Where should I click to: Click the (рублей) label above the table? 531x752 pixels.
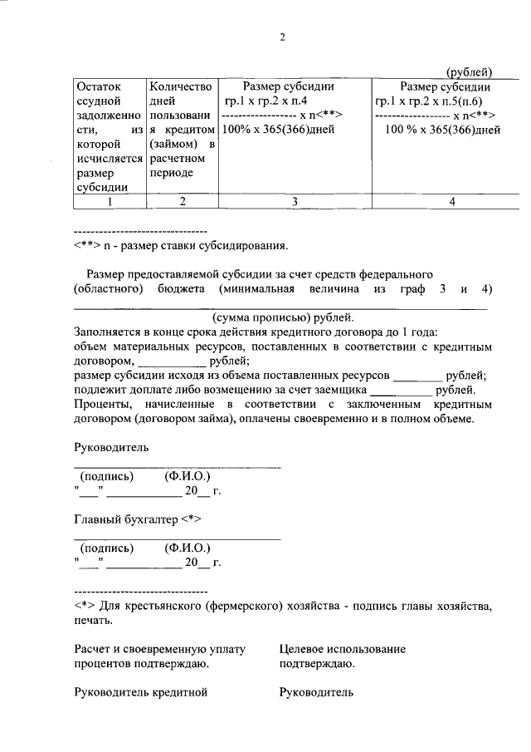(470, 71)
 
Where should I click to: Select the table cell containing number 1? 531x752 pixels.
(110, 201)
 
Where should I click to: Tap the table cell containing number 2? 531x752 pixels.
(181, 201)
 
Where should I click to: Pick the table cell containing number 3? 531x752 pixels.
(295, 201)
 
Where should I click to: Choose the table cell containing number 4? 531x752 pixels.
(451, 201)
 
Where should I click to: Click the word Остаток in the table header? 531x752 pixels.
(98, 86)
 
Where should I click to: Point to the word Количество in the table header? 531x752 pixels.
(181, 86)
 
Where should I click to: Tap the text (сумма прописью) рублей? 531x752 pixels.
(282, 317)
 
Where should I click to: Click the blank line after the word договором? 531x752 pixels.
(171, 362)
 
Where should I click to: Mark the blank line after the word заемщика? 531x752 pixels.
(401, 391)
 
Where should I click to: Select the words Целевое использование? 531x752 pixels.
(343, 649)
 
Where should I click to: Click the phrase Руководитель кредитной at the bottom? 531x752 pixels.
(140, 691)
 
